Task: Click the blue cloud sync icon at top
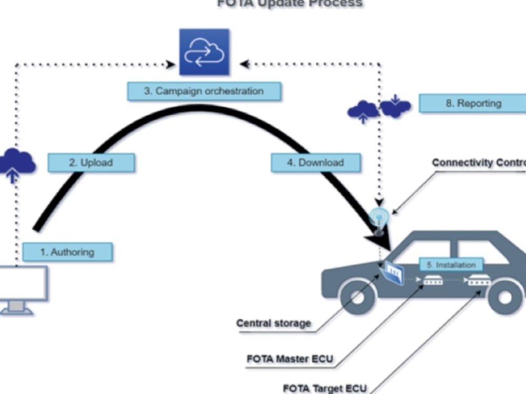click(x=204, y=52)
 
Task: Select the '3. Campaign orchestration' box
click(x=204, y=91)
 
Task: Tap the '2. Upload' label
click(x=91, y=163)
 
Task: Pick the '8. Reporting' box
click(x=472, y=103)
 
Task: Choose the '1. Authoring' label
click(x=67, y=252)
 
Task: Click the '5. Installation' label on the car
click(x=451, y=265)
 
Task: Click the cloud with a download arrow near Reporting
click(x=395, y=107)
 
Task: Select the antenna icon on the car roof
click(x=379, y=218)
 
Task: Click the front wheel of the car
click(x=360, y=297)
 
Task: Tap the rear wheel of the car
click(x=504, y=297)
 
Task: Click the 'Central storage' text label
click(x=274, y=323)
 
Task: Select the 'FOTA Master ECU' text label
click(x=290, y=360)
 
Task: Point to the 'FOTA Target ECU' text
click(x=325, y=389)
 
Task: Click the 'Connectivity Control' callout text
click(x=479, y=163)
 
